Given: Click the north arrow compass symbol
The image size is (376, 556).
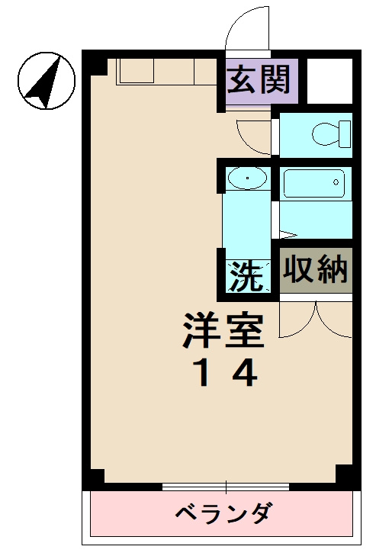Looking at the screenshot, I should (x=46, y=79).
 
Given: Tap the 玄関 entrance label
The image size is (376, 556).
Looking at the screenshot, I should (x=259, y=79).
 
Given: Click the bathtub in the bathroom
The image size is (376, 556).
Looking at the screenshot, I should (x=313, y=184).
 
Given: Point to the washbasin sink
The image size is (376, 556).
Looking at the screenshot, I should (x=247, y=180).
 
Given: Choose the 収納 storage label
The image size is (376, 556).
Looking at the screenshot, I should (x=315, y=268).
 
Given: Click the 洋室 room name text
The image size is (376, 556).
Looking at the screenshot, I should (x=223, y=329).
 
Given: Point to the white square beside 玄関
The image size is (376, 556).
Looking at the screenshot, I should (x=329, y=79).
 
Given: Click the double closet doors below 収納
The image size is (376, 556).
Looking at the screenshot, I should (x=315, y=319).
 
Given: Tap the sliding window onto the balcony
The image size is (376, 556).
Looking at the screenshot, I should (x=226, y=487).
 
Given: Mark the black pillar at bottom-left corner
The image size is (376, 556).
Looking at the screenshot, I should (x=94, y=477).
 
